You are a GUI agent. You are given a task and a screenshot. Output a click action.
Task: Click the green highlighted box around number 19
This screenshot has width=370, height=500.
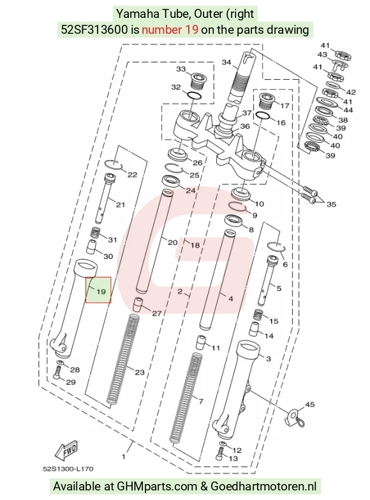click(98, 290)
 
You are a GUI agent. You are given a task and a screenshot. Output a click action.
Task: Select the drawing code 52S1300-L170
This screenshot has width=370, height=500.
click(68, 469)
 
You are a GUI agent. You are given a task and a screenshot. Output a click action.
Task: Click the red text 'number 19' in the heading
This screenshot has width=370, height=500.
click(170, 29)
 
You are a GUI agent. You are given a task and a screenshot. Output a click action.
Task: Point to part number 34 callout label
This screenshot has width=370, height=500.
click(226, 62)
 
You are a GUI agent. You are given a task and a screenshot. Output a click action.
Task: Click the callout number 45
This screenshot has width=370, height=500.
click(310, 404)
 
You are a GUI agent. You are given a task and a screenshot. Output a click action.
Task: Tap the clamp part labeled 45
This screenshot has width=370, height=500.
click(295, 418)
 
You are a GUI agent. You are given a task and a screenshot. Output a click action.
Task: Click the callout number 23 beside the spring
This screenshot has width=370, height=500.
click(140, 372)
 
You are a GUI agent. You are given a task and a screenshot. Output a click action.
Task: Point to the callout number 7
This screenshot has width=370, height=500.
click(200, 401)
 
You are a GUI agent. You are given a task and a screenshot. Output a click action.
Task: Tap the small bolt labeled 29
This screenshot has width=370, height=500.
click(57, 372)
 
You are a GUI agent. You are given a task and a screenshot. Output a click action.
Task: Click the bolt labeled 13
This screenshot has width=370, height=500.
click(219, 454)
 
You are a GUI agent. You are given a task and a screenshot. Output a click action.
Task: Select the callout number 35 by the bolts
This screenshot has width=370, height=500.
click(331, 204)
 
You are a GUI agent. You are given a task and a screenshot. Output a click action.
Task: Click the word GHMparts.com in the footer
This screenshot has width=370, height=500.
click(157, 486)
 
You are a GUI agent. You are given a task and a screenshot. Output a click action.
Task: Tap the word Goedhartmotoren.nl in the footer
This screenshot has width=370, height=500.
click(263, 486)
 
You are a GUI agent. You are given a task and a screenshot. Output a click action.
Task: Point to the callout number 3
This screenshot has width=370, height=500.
click(268, 358)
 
